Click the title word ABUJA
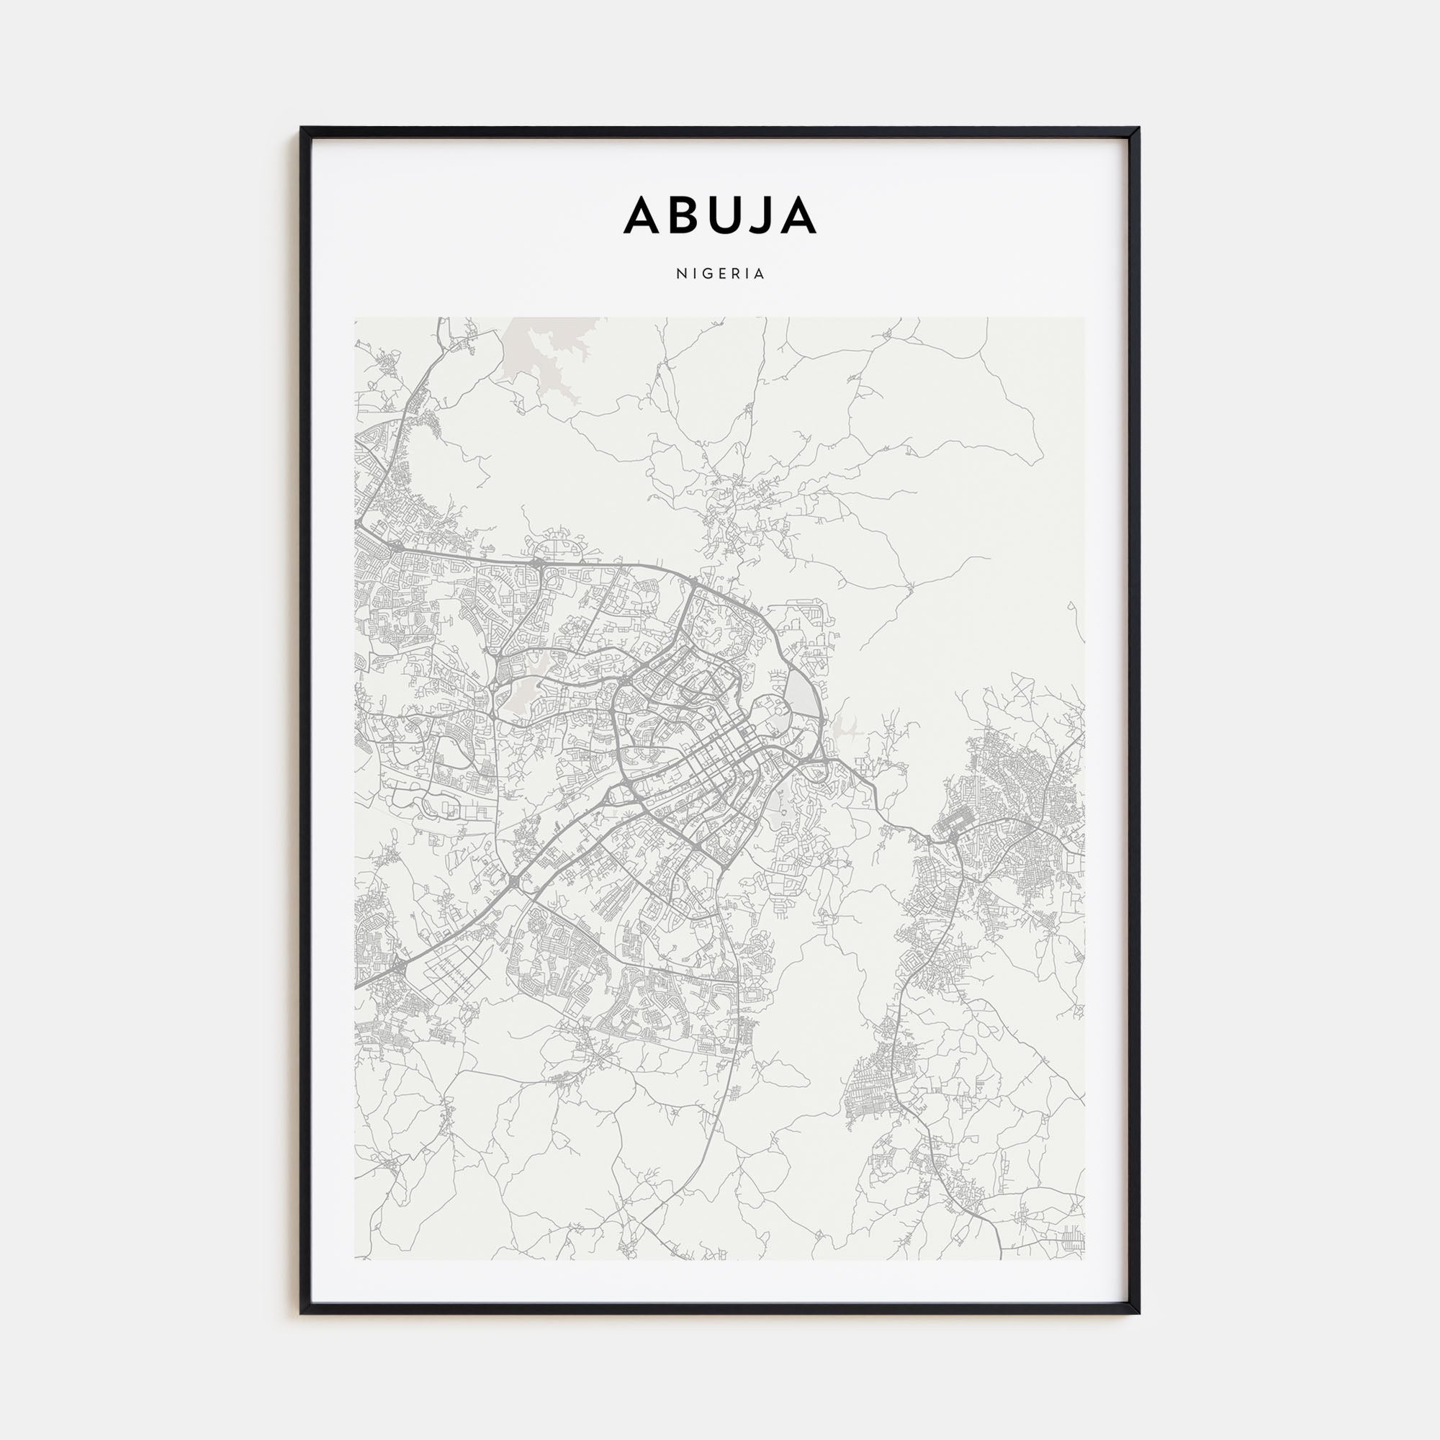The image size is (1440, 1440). (720, 215)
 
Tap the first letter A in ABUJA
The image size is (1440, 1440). (641, 215)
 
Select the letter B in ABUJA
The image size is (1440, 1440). (681, 215)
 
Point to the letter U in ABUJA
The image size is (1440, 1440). (721, 215)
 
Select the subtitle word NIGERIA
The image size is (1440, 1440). (720, 274)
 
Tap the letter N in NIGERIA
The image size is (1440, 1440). (681, 274)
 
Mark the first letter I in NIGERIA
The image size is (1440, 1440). (694, 274)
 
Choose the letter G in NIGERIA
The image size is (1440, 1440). (706, 274)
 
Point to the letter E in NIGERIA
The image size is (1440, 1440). (721, 274)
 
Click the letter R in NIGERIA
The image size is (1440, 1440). (735, 274)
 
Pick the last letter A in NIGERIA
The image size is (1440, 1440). (760, 274)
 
